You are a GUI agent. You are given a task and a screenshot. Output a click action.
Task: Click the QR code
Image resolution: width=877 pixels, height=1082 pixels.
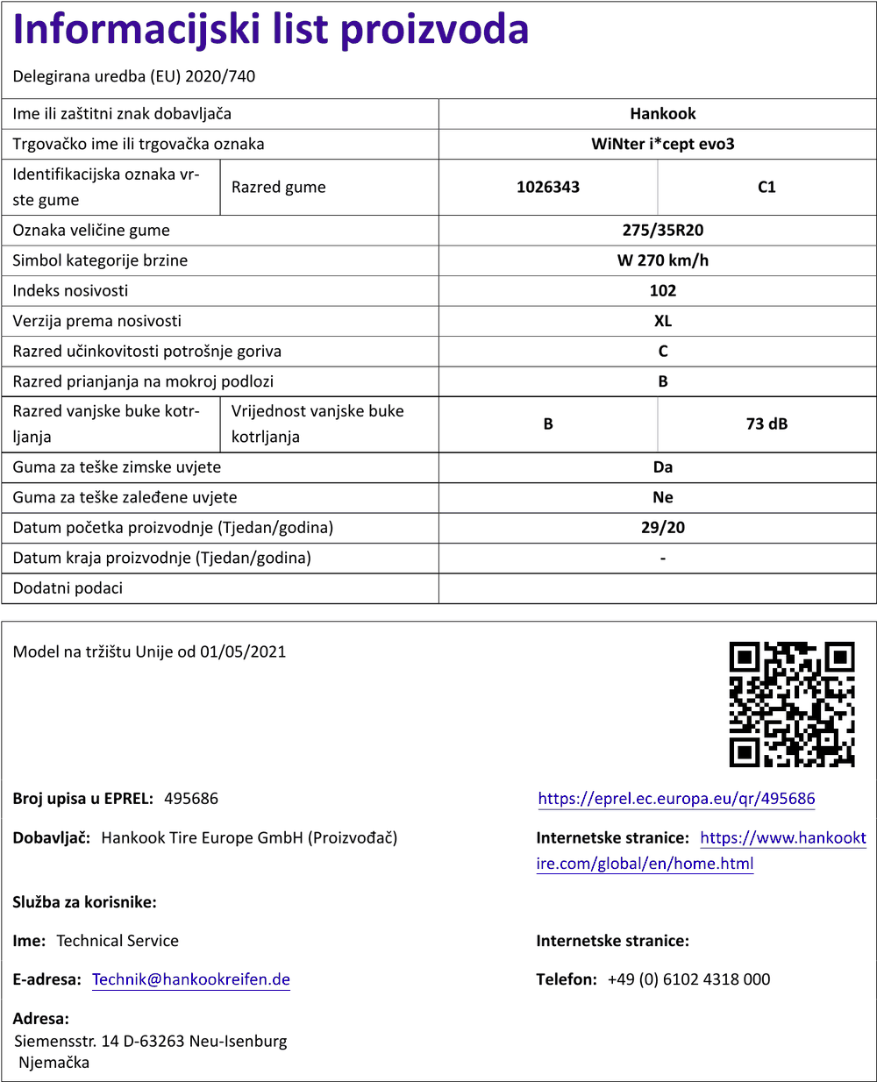click(792, 704)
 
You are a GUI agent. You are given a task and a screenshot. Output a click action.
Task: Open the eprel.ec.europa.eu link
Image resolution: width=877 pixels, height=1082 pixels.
click(676, 799)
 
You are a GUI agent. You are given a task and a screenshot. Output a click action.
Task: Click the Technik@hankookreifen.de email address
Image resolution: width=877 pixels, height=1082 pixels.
click(191, 979)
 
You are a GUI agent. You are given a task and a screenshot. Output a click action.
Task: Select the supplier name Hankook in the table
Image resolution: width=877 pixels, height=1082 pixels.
click(662, 114)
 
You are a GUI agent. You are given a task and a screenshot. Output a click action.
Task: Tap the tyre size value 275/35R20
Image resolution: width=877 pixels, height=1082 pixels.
click(662, 231)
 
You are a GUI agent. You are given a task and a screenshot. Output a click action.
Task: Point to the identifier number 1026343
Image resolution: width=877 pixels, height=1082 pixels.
click(548, 187)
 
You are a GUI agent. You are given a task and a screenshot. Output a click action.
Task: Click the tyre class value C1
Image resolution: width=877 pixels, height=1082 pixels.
click(766, 187)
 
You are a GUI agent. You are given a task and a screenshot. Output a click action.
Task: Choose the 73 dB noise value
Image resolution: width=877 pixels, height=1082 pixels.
click(766, 424)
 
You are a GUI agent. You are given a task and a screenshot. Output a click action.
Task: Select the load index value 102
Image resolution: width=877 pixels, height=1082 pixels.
click(662, 291)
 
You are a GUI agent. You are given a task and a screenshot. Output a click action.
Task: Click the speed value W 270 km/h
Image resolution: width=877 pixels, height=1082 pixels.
click(662, 260)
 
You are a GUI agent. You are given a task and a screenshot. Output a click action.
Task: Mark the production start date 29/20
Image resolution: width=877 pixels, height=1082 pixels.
click(662, 528)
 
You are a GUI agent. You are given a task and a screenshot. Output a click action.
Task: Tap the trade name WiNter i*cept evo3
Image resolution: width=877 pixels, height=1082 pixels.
click(662, 144)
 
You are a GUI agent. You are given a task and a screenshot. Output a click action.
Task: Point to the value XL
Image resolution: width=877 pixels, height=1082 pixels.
click(662, 321)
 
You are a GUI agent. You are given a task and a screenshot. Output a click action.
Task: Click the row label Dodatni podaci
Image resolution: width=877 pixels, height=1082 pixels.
click(68, 588)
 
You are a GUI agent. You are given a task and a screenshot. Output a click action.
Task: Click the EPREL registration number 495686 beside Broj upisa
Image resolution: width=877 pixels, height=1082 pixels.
click(191, 799)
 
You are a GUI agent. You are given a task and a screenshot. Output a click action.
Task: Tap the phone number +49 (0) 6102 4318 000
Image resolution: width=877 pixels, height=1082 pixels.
click(688, 979)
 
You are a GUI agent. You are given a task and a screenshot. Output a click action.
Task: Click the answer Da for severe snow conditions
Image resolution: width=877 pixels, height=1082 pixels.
click(662, 467)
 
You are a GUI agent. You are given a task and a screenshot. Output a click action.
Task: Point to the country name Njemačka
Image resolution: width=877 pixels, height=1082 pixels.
click(54, 1063)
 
